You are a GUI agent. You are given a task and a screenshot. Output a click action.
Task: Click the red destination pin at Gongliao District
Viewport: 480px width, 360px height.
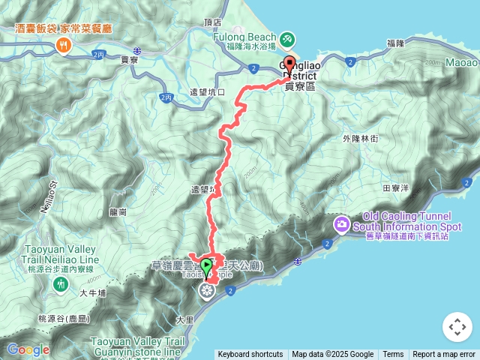click(290, 64)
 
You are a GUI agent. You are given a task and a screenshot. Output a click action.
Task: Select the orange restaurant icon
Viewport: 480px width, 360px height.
click(63, 46)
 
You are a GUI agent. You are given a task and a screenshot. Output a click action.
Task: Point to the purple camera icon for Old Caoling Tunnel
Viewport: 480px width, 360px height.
click(342, 223)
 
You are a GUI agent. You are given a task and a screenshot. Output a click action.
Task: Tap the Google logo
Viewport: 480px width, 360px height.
click(28, 349)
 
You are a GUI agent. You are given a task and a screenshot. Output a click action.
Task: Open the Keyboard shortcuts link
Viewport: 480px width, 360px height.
click(250, 355)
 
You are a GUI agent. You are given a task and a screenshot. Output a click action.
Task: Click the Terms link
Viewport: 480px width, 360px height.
click(393, 355)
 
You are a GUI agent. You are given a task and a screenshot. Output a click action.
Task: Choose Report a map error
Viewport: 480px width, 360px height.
click(444, 355)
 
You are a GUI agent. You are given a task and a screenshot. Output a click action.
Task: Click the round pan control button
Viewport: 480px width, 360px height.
click(457, 327)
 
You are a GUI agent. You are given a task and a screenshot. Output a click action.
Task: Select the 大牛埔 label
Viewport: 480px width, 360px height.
click(93, 293)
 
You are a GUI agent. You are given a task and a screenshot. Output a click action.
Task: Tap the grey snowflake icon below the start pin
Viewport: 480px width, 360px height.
click(206, 291)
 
